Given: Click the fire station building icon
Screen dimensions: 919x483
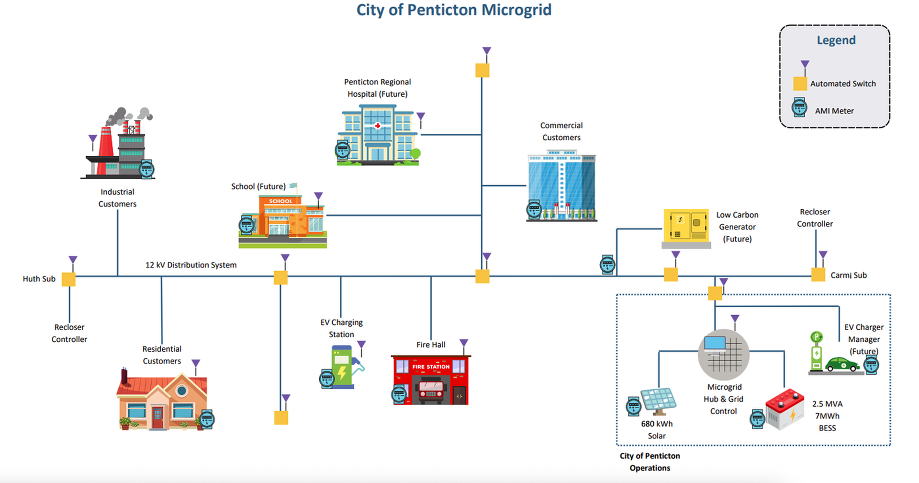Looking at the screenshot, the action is coord(431,379).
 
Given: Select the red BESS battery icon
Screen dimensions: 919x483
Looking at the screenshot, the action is coord(785,409).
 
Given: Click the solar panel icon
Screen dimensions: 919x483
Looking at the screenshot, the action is coord(659,401).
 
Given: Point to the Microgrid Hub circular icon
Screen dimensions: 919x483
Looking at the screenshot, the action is coord(723,355).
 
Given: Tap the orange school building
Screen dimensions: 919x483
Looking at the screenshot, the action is coord(283,220).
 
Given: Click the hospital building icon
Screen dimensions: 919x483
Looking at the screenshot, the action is coord(378,136).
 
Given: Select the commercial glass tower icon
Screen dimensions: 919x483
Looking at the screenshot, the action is coord(561,186).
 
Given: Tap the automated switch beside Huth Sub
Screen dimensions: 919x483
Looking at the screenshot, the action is coord(69,279).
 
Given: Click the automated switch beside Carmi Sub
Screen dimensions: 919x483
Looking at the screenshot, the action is coord(818,275).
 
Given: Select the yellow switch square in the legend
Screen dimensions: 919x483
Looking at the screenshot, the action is coord(800,83).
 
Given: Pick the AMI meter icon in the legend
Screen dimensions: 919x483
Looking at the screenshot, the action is coord(799,107).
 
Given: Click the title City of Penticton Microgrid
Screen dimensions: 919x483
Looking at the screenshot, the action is coord(454,10).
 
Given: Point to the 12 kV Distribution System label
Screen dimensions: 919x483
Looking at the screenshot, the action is coord(191,265).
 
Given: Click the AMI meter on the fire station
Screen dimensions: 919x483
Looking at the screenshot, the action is coord(399,394).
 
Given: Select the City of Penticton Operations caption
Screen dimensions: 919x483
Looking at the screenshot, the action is coord(650,462).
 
